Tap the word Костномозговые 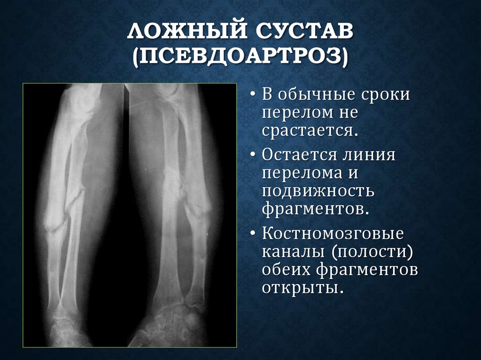pyautogui.click(x=334, y=233)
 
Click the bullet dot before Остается pyautogui.click(x=254, y=155)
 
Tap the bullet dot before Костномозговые pyautogui.click(x=254, y=233)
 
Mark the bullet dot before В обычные pyautogui.click(x=254, y=95)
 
